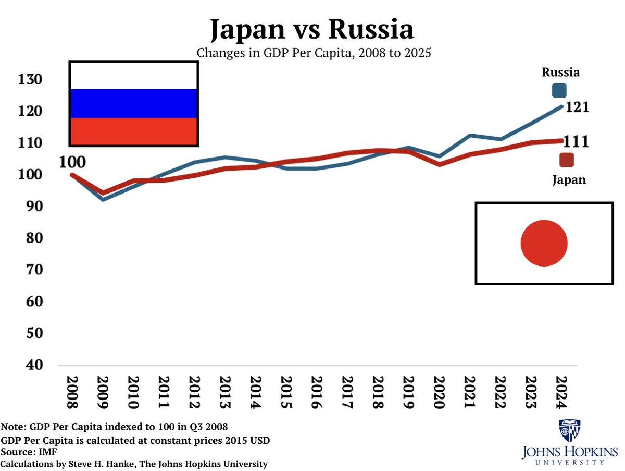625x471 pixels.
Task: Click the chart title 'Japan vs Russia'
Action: [x=312, y=30]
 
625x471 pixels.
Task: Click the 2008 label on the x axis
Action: [x=72, y=393]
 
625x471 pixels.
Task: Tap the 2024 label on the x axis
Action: [x=560, y=393]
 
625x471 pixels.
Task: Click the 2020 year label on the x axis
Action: [x=439, y=393]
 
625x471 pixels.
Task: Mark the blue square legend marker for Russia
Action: [x=559, y=91]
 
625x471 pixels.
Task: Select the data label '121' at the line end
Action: [x=577, y=107]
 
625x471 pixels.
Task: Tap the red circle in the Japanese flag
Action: [x=544, y=243]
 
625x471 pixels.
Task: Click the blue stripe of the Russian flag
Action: [x=133, y=103]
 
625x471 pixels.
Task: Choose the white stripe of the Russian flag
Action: [x=133, y=76]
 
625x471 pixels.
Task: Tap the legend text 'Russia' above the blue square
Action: [x=560, y=72]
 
